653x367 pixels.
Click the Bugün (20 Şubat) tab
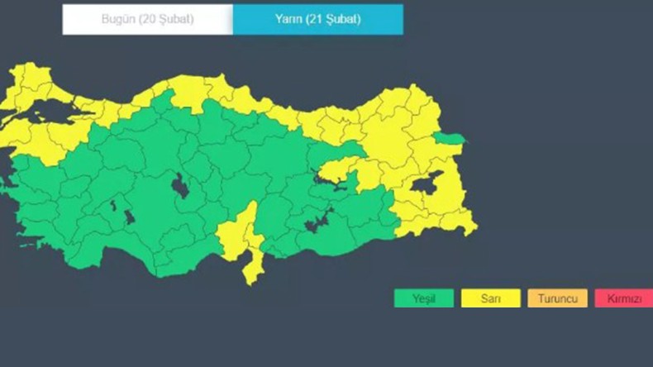tap(147, 19)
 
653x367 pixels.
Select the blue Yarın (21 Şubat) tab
tap(317, 19)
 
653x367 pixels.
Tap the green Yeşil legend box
tap(423, 298)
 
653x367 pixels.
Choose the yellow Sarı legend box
tap(490, 298)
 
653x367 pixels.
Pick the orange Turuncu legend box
tap(557, 298)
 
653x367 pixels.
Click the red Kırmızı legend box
tap(623, 298)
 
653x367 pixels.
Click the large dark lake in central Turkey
tap(179, 188)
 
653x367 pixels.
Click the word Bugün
tap(117, 19)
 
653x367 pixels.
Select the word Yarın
tap(288, 19)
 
